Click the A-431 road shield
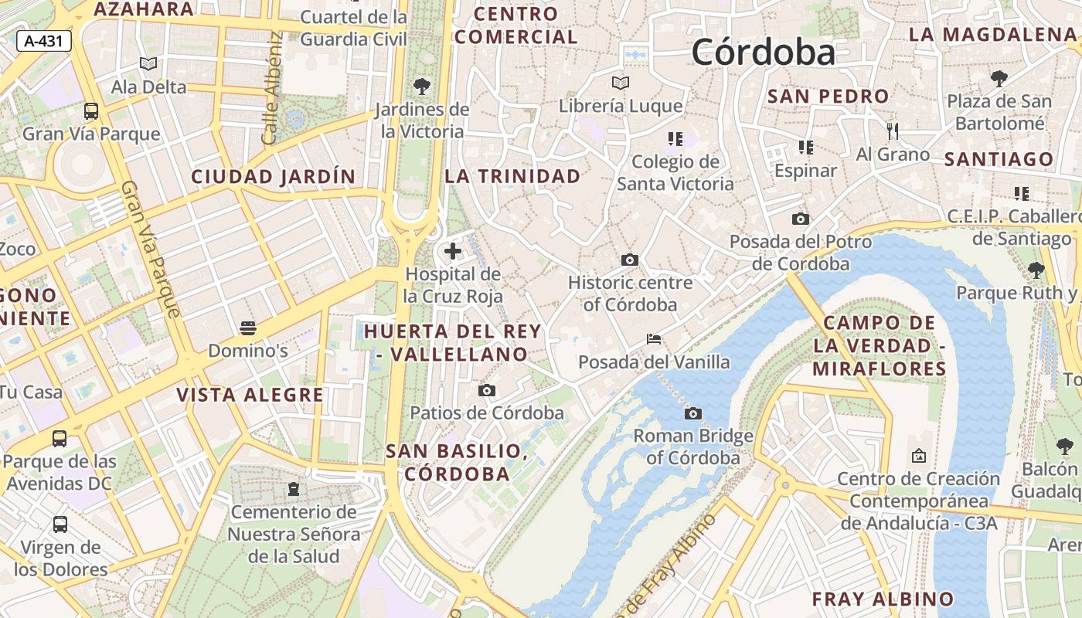pos(44,42)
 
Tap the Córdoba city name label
pos(763,53)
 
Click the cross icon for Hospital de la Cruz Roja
pos(453,251)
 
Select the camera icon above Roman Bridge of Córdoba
pos(693,413)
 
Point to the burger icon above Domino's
pos(248,328)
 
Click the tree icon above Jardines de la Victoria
pos(422,86)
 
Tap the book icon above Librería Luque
pos(621,83)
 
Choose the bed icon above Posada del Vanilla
pos(654,339)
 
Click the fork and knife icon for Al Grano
pos(893,131)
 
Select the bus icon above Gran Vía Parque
pos(91,110)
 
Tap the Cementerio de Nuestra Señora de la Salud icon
pos(293,489)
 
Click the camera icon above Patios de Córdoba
pos(487,390)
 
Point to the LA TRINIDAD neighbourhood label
pos(512,176)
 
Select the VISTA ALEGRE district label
pos(250,396)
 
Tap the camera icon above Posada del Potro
pos(801,219)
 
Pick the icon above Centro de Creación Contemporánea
pos(918,456)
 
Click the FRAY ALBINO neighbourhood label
pos(883,599)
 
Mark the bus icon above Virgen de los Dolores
pos(60,525)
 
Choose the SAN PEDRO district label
pos(828,97)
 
